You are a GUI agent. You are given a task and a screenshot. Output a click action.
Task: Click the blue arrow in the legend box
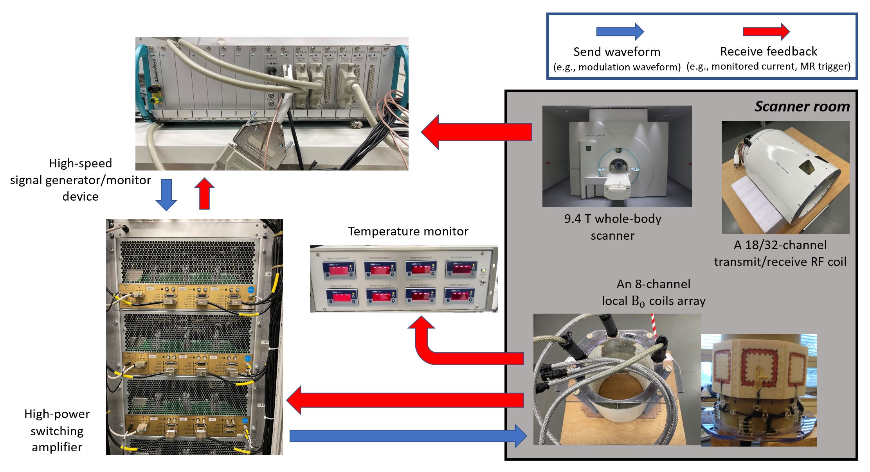[620, 32]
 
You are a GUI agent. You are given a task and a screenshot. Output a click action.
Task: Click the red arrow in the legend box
[766, 32]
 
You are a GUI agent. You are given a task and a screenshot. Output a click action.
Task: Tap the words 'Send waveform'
[617, 52]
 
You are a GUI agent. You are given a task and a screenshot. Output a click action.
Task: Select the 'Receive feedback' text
[768, 51]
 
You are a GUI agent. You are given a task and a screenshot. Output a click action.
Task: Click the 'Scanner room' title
[802, 106]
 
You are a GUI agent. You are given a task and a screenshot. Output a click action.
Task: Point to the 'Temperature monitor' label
[408, 231]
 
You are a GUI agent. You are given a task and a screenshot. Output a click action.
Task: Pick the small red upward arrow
[204, 194]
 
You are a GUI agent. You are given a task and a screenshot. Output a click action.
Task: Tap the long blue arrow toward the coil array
[407, 436]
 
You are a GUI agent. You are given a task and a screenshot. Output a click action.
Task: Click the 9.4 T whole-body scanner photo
[617, 156]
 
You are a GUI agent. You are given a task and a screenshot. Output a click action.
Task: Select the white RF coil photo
[785, 178]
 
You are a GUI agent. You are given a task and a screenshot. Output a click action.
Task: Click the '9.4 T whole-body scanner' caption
[612, 227]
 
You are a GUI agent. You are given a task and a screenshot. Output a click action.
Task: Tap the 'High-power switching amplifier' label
[57, 430]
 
